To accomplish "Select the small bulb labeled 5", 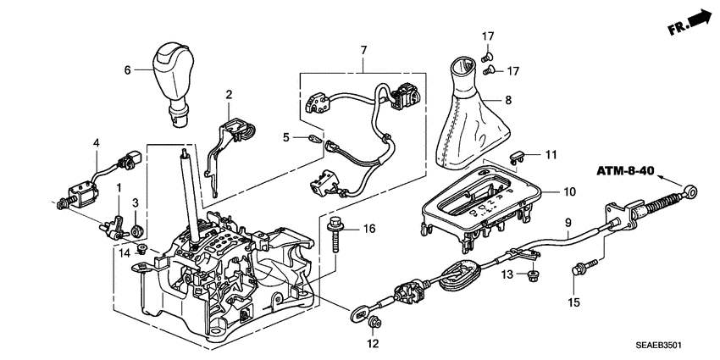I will coord(314,140).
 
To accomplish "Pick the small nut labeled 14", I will coord(143,248).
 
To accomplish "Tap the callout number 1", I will coord(119,186).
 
